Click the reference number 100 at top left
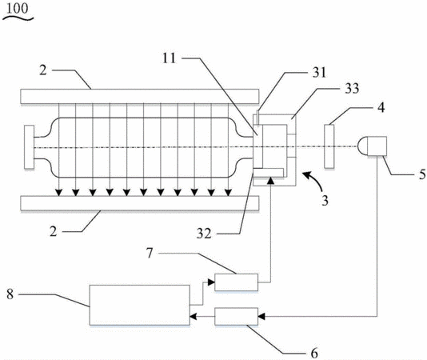(x=17, y=9)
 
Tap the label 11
(x=170, y=58)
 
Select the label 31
(x=319, y=73)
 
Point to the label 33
(x=352, y=89)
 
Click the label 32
(x=204, y=234)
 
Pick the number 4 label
(x=381, y=107)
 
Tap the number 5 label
(x=422, y=174)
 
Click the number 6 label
(x=314, y=353)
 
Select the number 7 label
(x=150, y=253)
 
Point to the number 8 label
(x=10, y=294)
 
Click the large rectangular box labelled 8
(x=140, y=305)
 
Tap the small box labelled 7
(x=237, y=282)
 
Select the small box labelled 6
(x=237, y=316)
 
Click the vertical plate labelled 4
(x=329, y=146)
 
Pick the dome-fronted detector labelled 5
(x=372, y=146)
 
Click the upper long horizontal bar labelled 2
(x=140, y=96)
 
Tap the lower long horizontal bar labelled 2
(x=140, y=203)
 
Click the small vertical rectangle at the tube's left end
(x=29, y=147)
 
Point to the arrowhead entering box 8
(x=193, y=316)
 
